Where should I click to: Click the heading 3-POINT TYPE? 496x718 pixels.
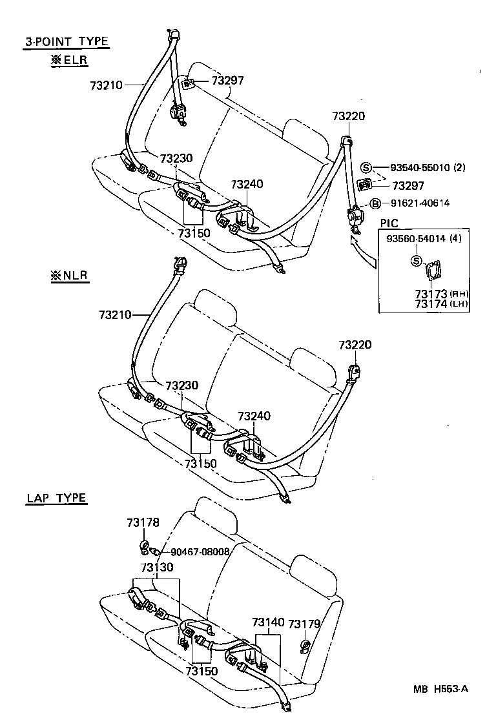click(67, 42)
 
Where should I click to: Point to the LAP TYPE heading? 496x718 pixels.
click(57, 498)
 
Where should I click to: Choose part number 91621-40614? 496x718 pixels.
click(420, 203)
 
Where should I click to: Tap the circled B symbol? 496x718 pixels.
click(374, 203)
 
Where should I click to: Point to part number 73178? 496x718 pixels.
click(143, 522)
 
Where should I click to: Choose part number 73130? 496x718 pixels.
click(157, 568)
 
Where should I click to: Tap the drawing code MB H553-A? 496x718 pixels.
click(441, 689)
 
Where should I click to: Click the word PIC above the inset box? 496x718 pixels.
click(390, 223)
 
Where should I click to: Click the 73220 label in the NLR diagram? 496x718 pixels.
click(355, 345)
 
